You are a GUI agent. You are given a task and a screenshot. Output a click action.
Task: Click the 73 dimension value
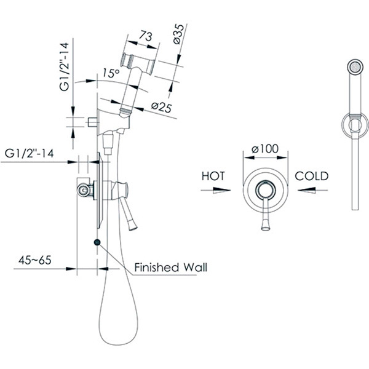pos(145,36)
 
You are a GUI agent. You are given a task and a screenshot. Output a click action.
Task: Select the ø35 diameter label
pos(179,34)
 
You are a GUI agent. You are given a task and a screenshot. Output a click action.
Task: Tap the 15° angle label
pos(111,73)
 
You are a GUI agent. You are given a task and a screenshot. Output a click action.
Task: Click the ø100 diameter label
pos(264,149)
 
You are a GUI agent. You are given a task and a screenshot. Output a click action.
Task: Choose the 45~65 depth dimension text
pos(35,260)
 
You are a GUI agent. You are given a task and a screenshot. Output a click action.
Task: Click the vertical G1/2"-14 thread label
pos(64,66)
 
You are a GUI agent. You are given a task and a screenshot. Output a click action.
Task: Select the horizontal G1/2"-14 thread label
pos(29,153)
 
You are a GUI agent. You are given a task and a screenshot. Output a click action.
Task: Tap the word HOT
pos(213,176)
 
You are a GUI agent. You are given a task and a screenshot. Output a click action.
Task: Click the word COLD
pos(312,176)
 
